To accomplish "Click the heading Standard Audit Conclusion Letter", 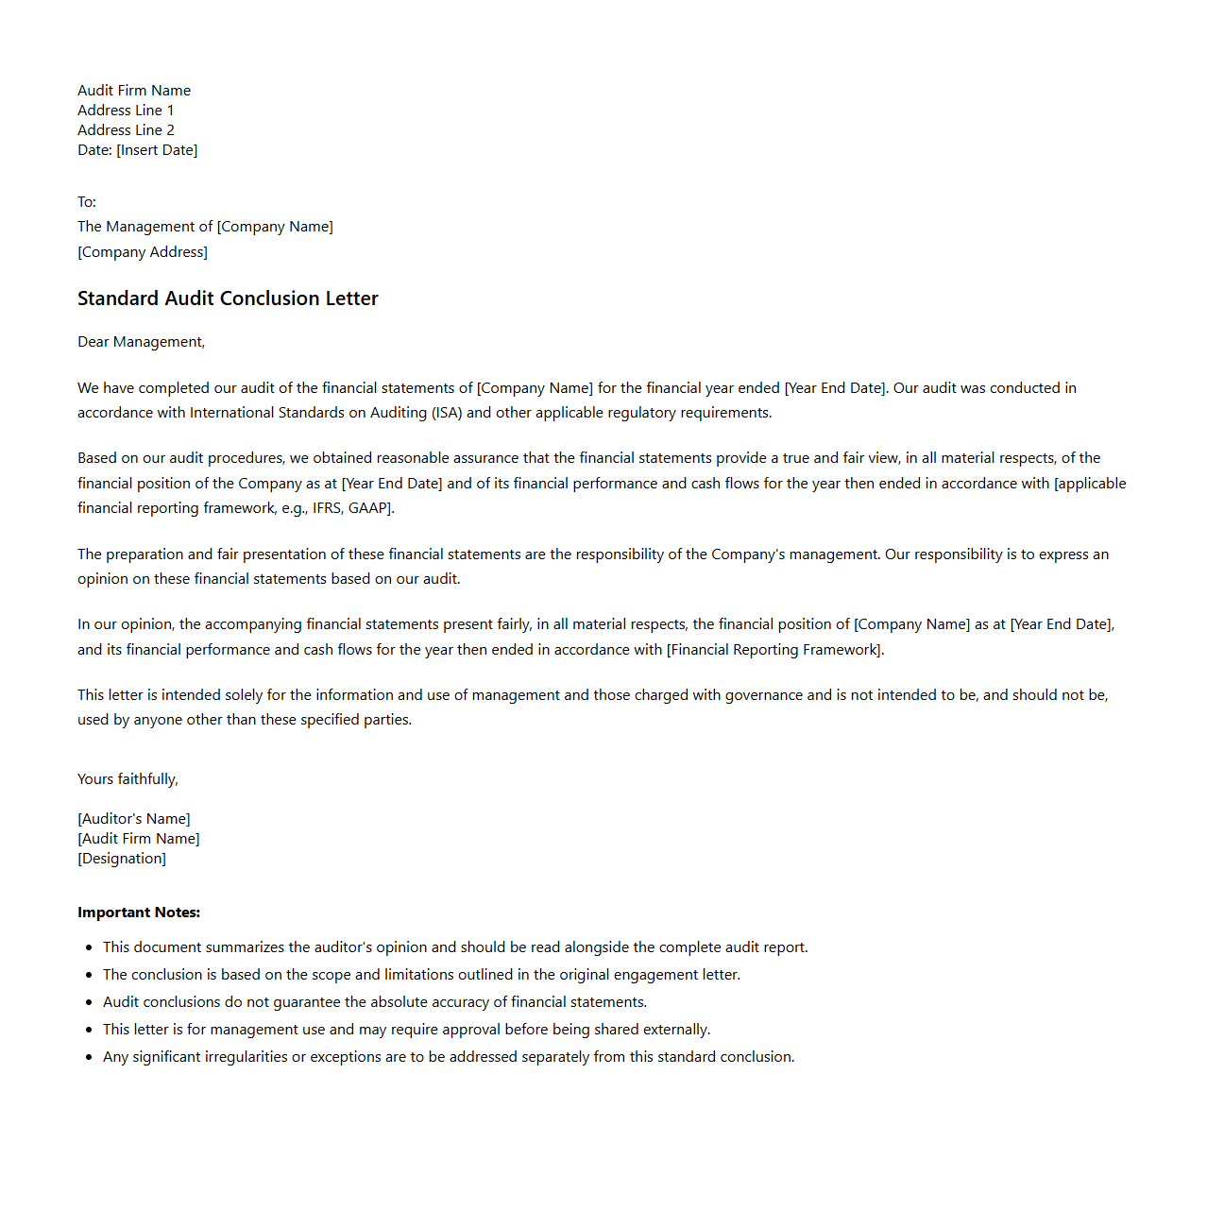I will [x=228, y=298].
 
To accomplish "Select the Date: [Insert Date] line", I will [x=137, y=150].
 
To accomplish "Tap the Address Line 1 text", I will [x=126, y=111].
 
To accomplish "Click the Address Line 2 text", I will [x=126, y=130].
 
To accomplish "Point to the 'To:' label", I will [x=87, y=202].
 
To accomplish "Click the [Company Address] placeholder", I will [x=143, y=252].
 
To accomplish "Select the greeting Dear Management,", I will [x=141, y=342].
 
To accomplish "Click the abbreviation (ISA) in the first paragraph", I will [x=447, y=413].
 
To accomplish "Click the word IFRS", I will [x=328, y=508].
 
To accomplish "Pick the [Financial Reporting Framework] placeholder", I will [x=774, y=650].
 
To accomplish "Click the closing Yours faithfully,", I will [x=127, y=779].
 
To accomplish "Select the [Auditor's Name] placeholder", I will [x=134, y=819].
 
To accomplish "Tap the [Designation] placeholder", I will [x=122, y=859].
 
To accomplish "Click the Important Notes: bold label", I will [x=139, y=912].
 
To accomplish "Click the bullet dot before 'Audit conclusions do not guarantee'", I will [x=89, y=1002].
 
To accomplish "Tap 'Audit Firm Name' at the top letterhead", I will [x=134, y=91].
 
